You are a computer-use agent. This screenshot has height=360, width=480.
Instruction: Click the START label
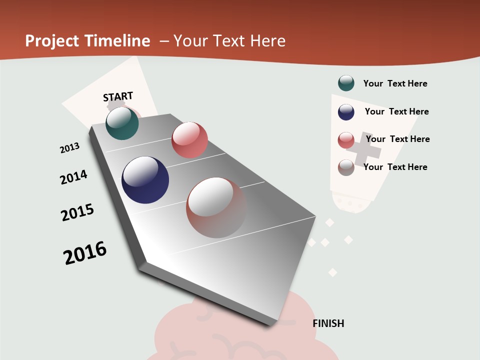tap(118, 96)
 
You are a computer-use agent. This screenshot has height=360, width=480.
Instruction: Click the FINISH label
tap(328, 323)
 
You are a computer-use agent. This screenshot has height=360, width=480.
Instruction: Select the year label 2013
tap(69, 148)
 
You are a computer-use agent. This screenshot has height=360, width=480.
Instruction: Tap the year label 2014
tap(73, 177)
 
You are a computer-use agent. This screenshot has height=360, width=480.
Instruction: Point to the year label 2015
tap(77, 212)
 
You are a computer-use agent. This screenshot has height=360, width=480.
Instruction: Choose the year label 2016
tap(85, 253)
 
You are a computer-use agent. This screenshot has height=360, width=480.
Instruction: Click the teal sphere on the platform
tap(122, 123)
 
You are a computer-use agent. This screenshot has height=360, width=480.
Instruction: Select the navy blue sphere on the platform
tap(145, 180)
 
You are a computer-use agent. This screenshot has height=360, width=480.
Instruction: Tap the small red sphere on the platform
tap(189, 140)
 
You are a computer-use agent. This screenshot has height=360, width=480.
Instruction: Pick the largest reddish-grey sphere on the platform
tap(216, 207)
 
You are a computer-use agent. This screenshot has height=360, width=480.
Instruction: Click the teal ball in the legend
tap(346, 83)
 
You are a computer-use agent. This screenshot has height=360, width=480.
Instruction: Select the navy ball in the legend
tap(346, 112)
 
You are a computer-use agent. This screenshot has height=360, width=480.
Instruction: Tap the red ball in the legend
tap(346, 140)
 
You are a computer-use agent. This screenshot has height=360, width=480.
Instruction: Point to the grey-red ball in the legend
tap(346, 167)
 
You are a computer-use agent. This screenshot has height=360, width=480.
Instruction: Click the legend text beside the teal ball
tap(395, 83)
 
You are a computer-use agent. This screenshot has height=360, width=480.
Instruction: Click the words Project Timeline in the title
tap(87, 41)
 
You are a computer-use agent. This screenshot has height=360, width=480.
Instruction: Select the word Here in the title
tap(267, 41)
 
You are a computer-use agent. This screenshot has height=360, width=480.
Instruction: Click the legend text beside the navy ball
tap(396, 111)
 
